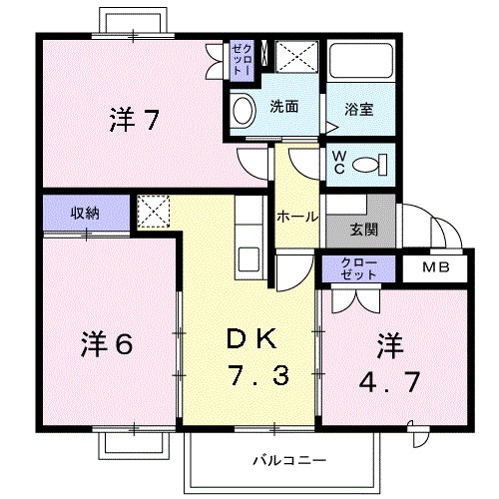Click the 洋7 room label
133,121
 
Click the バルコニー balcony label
282,461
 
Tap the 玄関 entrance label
363,229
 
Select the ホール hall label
296,216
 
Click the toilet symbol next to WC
375,166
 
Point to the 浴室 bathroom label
360,109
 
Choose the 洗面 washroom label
283,106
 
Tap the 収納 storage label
85,212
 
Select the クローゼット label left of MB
358,268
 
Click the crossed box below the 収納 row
153,212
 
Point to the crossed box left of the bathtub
296,57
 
